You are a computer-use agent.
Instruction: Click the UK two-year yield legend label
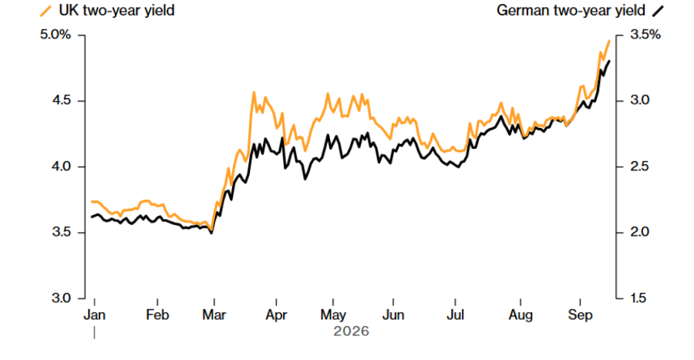[x=116, y=11]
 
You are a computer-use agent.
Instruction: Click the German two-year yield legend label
[x=571, y=11]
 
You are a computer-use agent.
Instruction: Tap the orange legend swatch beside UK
[x=45, y=11]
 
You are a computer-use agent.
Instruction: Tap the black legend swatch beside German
[x=659, y=11]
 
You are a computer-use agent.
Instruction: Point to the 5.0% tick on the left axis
[x=56, y=35]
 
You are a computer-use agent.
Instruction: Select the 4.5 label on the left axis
[x=62, y=100]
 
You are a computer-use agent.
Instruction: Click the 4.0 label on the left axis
[x=62, y=167]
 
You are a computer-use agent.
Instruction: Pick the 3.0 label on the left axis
[x=62, y=298]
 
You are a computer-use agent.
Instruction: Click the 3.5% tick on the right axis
[x=645, y=35]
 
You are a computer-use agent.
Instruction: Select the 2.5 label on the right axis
[x=639, y=167]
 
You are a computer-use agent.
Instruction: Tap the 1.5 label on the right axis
[x=639, y=298]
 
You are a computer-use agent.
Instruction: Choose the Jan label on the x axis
[x=94, y=315]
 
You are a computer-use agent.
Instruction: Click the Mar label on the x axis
[x=214, y=315]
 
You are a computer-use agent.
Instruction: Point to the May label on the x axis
[x=333, y=315]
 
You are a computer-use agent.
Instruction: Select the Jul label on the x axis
[x=455, y=315]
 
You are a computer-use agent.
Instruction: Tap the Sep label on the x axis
[x=580, y=315]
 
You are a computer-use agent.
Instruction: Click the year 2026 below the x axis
[x=351, y=331]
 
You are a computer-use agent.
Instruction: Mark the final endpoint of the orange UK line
[x=609, y=41]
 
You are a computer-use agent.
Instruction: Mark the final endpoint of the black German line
[x=609, y=61]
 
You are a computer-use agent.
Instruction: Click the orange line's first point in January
[x=92, y=202]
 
